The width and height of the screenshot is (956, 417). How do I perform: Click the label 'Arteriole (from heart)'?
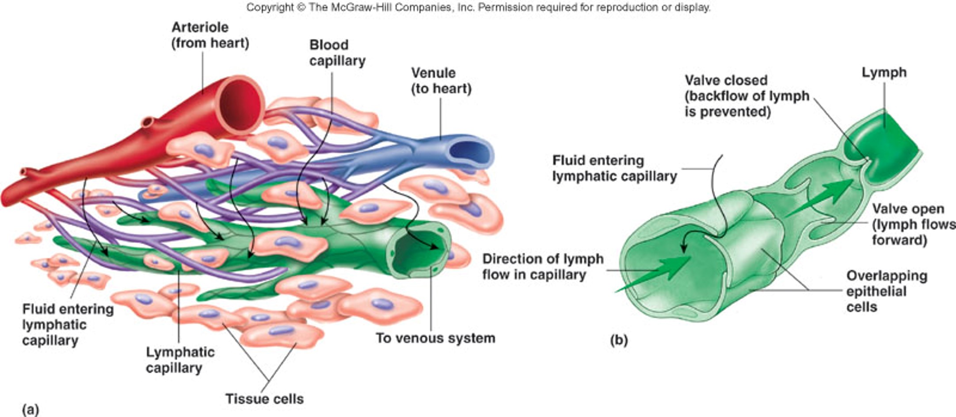[x=210, y=35]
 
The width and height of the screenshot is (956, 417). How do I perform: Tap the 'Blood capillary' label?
[x=337, y=53]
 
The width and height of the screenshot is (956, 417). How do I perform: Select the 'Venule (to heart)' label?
[x=441, y=80]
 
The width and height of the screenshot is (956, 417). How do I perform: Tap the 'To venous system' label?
[x=435, y=338]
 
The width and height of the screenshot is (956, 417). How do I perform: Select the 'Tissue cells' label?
[x=264, y=399]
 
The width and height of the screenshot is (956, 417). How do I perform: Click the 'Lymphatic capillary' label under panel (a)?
[x=180, y=360]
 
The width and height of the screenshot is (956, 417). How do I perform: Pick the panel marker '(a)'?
[x=30, y=409]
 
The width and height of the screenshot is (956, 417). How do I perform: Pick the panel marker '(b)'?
[x=618, y=340]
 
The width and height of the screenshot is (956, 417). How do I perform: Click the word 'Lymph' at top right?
[x=884, y=73]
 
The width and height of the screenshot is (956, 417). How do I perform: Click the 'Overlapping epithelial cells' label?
[x=886, y=291]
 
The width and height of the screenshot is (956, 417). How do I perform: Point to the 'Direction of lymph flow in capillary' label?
[x=542, y=267]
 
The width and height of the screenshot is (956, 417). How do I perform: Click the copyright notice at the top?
[x=478, y=7]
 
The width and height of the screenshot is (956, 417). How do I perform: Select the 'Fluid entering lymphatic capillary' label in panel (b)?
[x=614, y=168]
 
